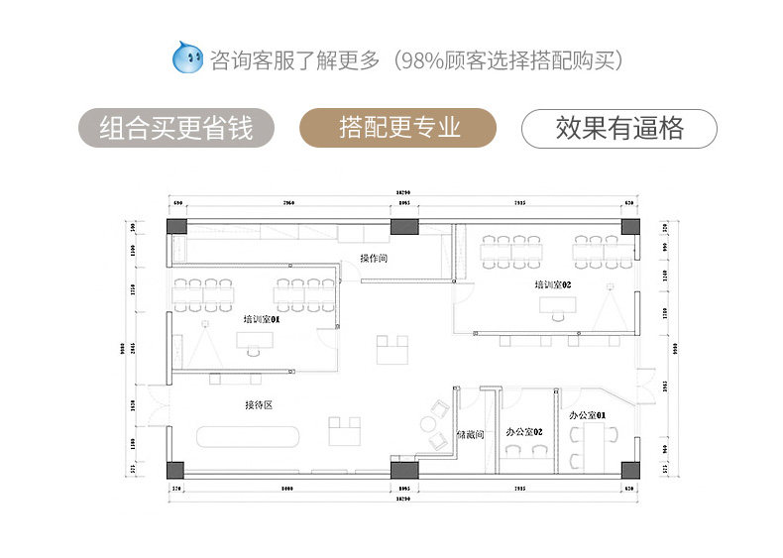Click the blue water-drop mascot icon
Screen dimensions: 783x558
tap(188, 58)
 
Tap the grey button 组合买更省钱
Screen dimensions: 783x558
tap(176, 128)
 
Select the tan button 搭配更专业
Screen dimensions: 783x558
tap(398, 128)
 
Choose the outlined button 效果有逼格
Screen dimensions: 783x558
tap(619, 128)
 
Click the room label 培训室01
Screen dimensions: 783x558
tap(262, 320)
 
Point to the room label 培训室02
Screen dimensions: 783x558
tap(553, 285)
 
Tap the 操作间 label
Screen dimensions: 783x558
tap(374, 259)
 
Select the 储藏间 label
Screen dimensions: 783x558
tap(470, 434)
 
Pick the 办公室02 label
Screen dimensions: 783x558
tap(523, 432)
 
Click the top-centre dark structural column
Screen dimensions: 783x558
tap(402, 226)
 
